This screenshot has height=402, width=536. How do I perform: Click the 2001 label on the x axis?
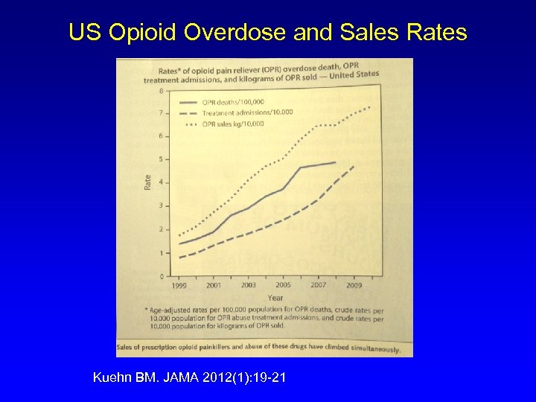pos(214,285)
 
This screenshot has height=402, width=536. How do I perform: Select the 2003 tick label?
pos(249,285)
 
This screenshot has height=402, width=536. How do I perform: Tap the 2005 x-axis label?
pos(284,285)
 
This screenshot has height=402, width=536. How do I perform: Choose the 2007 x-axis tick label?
pos(318,285)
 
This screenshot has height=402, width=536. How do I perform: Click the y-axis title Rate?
pos(147,181)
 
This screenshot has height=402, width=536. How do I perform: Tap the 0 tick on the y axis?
pos(162,276)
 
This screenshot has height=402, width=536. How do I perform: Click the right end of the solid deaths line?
pos(335,162)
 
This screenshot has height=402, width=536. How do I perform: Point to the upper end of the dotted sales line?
pos(370,106)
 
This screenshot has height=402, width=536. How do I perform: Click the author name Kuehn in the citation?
pos(110,378)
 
